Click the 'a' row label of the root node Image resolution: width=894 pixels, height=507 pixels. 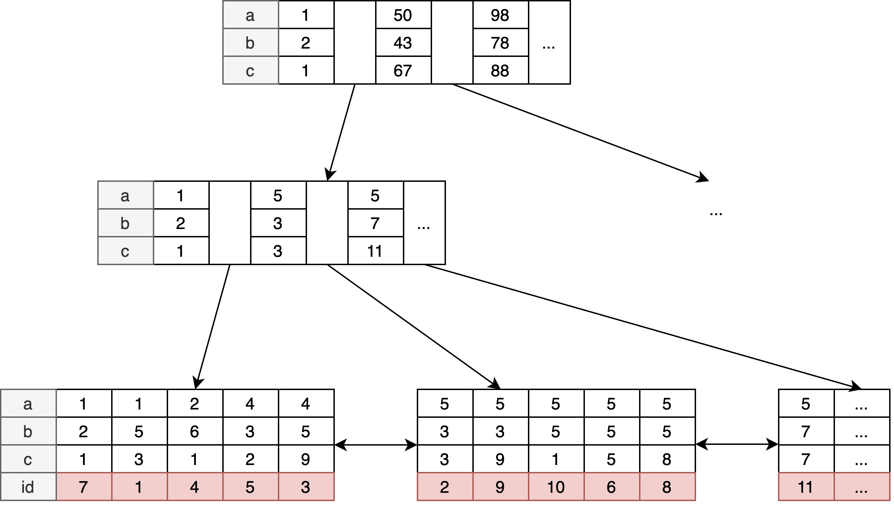251,15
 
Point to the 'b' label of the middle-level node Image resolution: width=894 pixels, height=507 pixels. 126,224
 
